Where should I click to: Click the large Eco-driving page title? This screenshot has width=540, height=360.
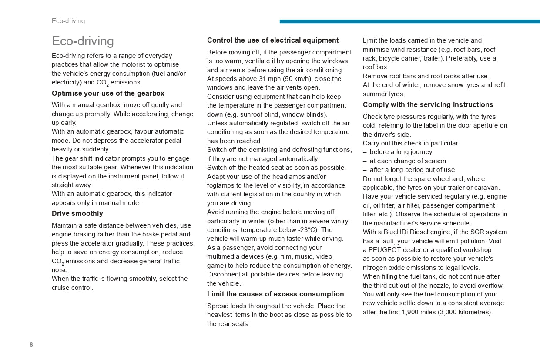tap(83, 41)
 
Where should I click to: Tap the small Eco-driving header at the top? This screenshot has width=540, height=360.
tap(68, 21)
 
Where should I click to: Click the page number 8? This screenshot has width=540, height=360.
tap(31, 344)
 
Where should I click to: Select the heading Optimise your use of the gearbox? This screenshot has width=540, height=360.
tap(108, 94)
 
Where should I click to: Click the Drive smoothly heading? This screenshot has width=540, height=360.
tap(77, 214)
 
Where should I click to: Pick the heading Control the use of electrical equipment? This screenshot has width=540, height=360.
tap(273, 40)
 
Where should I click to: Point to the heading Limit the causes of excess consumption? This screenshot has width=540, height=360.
tap(275, 294)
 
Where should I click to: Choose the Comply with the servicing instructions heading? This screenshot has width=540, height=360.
tap(428, 105)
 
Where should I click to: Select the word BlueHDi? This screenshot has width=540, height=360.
tap(395, 232)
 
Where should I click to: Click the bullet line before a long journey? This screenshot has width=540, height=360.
tap(401, 152)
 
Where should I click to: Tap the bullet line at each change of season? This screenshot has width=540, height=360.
tap(409, 161)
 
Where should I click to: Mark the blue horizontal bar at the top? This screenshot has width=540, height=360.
tap(409, 21)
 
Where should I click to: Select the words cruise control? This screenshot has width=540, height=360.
tap(73, 288)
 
